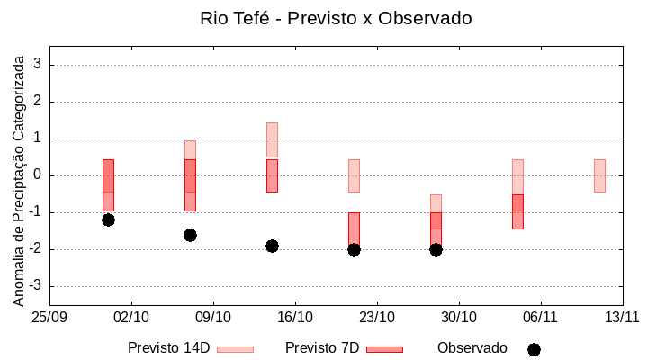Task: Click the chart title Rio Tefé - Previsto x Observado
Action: coord(336,18)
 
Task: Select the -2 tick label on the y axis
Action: coord(36,249)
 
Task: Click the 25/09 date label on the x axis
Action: coord(49,317)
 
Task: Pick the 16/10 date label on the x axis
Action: coord(295,317)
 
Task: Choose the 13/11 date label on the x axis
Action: coord(622,317)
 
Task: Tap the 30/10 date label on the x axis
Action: coord(459,317)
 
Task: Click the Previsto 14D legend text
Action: coord(168,348)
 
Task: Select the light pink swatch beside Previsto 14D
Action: coord(235,349)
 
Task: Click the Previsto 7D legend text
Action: coord(322,348)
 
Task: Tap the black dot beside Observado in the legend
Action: coord(534,349)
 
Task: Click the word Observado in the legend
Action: coord(472,348)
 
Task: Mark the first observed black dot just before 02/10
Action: coord(108,220)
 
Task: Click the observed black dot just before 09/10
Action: coord(190,235)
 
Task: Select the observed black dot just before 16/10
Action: coord(272,246)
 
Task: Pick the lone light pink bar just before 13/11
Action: coord(599,175)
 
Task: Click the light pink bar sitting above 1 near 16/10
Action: coord(272,139)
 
